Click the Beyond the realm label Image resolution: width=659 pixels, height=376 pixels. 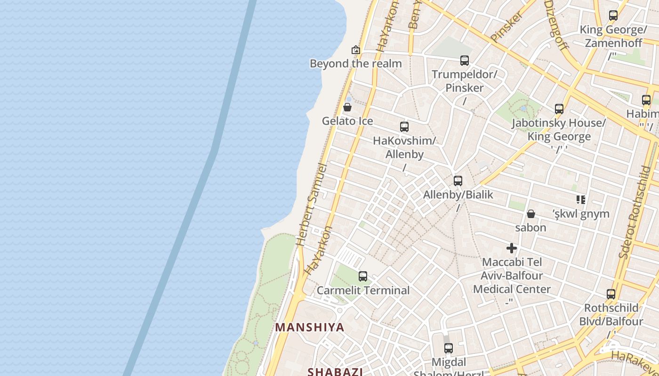[x=356, y=63]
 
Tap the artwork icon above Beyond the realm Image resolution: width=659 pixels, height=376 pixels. [x=356, y=50]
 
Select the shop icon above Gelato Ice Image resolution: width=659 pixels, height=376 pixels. [x=347, y=108]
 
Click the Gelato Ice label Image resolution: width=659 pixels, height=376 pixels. [x=347, y=121]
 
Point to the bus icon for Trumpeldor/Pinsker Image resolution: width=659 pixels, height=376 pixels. [x=465, y=61]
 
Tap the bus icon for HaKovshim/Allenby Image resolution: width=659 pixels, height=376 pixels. [x=404, y=127]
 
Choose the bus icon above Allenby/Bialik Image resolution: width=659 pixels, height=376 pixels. [x=458, y=181]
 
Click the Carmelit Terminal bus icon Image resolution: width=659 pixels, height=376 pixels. [x=363, y=276]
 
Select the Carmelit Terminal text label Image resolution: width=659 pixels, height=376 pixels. [x=363, y=290]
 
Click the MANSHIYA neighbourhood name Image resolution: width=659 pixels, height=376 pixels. [x=310, y=327]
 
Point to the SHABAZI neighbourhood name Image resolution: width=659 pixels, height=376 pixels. [x=335, y=372]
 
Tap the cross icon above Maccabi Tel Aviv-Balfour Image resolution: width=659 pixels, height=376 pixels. [x=512, y=248]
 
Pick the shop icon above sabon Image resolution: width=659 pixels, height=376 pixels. [x=531, y=214]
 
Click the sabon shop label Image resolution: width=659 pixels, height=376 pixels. [x=531, y=227]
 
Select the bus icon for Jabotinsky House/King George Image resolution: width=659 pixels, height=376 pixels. [x=559, y=109]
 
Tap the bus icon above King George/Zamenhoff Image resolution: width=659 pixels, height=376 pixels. [x=613, y=16]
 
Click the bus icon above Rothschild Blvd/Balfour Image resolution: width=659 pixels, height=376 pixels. [x=611, y=295]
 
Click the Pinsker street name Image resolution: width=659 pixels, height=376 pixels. [x=506, y=26]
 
